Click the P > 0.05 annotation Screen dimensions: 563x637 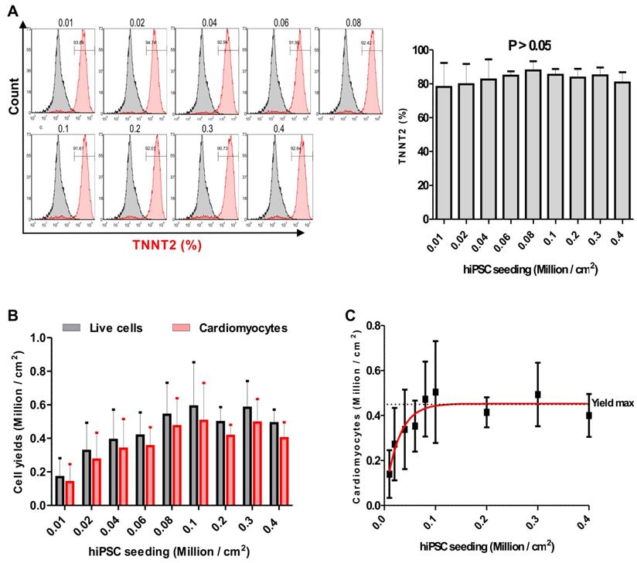point(530,46)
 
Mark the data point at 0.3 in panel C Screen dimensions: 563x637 point(537,394)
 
